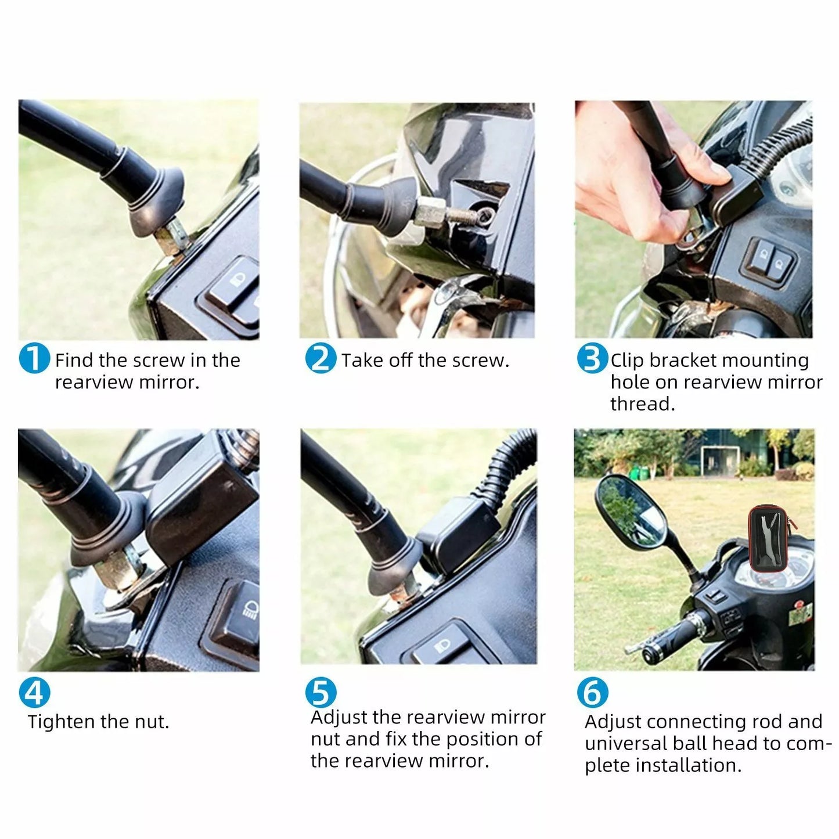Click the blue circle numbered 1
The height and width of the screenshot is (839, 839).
(x=34, y=358)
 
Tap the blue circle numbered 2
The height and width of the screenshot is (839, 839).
(x=321, y=358)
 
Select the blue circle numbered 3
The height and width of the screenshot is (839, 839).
(x=593, y=358)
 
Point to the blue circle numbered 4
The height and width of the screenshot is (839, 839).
(x=34, y=693)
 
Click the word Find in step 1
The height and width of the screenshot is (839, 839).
(x=74, y=361)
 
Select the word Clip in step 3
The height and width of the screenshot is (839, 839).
(x=628, y=361)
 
